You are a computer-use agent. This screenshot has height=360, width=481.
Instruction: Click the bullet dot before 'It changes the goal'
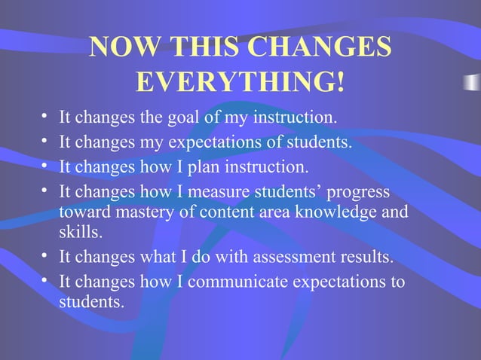click(x=46, y=118)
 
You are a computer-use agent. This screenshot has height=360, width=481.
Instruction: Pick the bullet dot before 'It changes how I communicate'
click(x=46, y=282)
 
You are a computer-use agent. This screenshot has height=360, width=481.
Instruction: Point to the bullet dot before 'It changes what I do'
click(x=46, y=258)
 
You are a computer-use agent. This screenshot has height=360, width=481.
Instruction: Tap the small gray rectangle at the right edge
click(x=472, y=81)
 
